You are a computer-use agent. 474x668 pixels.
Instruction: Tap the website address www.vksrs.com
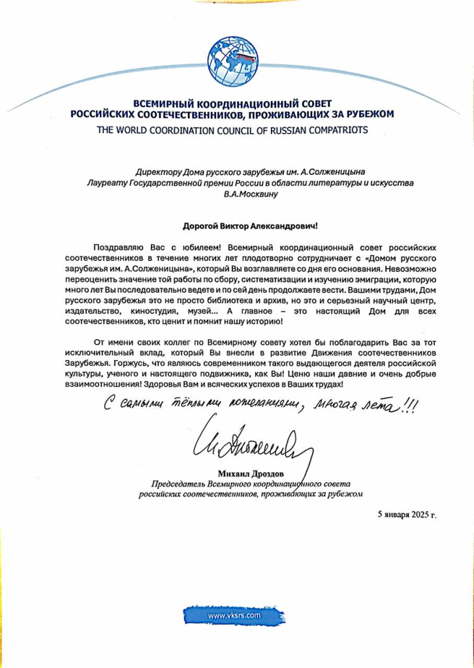(234, 615)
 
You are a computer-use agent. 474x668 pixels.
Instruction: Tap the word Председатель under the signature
(178, 484)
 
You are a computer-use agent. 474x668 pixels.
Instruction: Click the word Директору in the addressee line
(157, 172)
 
